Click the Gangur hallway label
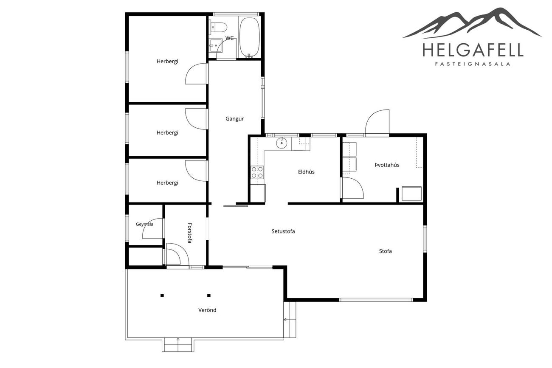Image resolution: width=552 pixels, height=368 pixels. [234, 119]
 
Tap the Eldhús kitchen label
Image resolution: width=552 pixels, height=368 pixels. [306, 171]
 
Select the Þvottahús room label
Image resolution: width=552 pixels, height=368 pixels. [387, 165]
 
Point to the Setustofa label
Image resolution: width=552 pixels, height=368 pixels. [283, 231]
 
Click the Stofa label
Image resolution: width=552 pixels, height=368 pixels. [385, 251]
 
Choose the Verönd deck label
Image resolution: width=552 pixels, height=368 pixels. [207, 310]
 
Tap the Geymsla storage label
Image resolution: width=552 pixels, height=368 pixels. [144, 224]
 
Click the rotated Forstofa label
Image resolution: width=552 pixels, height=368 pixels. [189, 233]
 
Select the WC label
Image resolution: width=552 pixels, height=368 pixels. [229, 38]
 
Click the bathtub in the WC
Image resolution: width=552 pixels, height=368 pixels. [250, 37]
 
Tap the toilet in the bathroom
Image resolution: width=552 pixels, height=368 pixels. [218, 27]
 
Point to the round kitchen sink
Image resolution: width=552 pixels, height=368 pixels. [282, 143]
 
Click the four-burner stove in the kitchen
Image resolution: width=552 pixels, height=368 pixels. [257, 172]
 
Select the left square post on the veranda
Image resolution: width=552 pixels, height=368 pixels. [162, 295]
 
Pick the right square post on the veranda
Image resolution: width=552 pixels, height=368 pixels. [209, 295]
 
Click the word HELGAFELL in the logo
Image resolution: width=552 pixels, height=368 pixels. [473, 50]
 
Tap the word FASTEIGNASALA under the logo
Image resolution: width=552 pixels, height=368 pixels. [473, 64]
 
